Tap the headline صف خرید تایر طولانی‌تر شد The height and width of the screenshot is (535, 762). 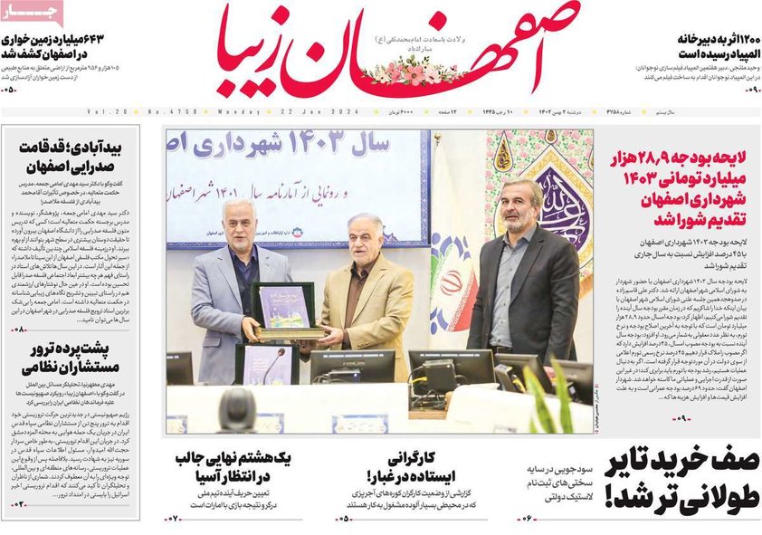pyautogui.click(x=681, y=476)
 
